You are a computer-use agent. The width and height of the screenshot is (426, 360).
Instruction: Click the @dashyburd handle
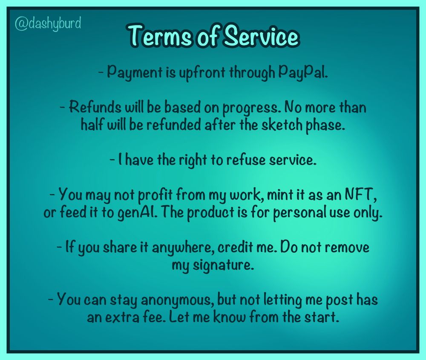pyautogui.click(x=48, y=23)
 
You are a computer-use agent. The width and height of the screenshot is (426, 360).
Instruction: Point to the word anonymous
pyautogui.click(x=177, y=300)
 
